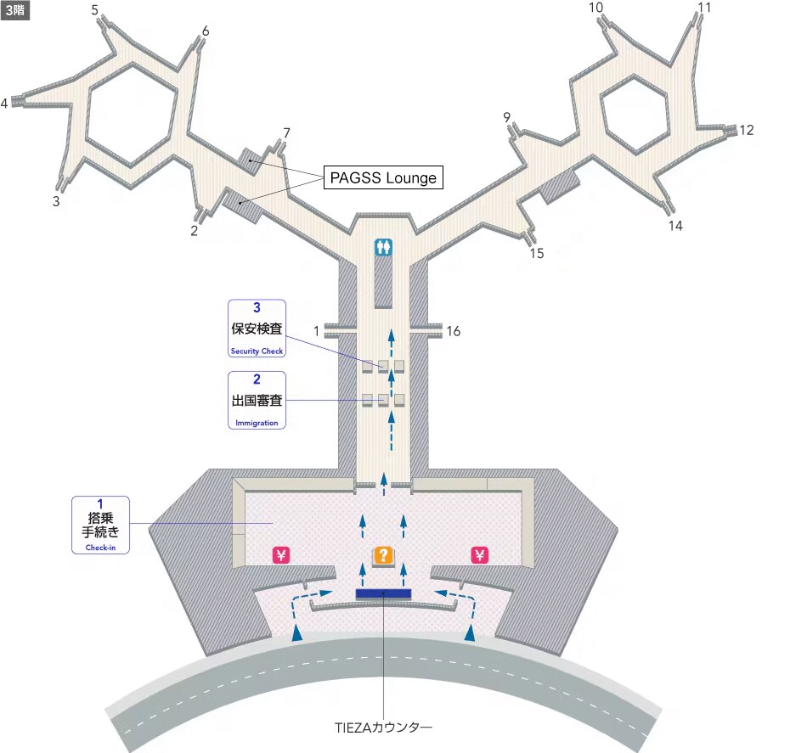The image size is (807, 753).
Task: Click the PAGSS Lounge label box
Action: (x=383, y=178)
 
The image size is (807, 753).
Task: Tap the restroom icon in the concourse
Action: (x=384, y=247)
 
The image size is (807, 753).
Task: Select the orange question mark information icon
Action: (x=384, y=556)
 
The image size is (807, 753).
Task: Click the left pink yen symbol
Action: (x=282, y=555)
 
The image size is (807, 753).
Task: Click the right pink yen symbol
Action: (x=480, y=555)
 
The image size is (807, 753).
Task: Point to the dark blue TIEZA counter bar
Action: (x=383, y=593)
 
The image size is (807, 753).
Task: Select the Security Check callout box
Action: (x=257, y=329)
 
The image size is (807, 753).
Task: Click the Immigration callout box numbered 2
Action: (x=257, y=400)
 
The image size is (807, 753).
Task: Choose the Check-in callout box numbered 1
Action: (x=101, y=525)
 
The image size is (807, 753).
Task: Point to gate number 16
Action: (x=454, y=331)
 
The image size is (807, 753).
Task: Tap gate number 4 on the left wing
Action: (x=5, y=104)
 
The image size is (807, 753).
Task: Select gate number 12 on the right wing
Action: (x=746, y=131)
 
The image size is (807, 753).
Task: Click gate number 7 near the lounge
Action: (x=286, y=133)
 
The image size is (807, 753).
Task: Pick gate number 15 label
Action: (x=537, y=253)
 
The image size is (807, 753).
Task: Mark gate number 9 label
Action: (x=507, y=117)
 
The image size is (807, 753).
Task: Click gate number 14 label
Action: (x=675, y=226)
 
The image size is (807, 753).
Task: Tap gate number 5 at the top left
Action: (x=94, y=10)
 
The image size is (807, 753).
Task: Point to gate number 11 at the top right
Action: (x=704, y=8)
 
